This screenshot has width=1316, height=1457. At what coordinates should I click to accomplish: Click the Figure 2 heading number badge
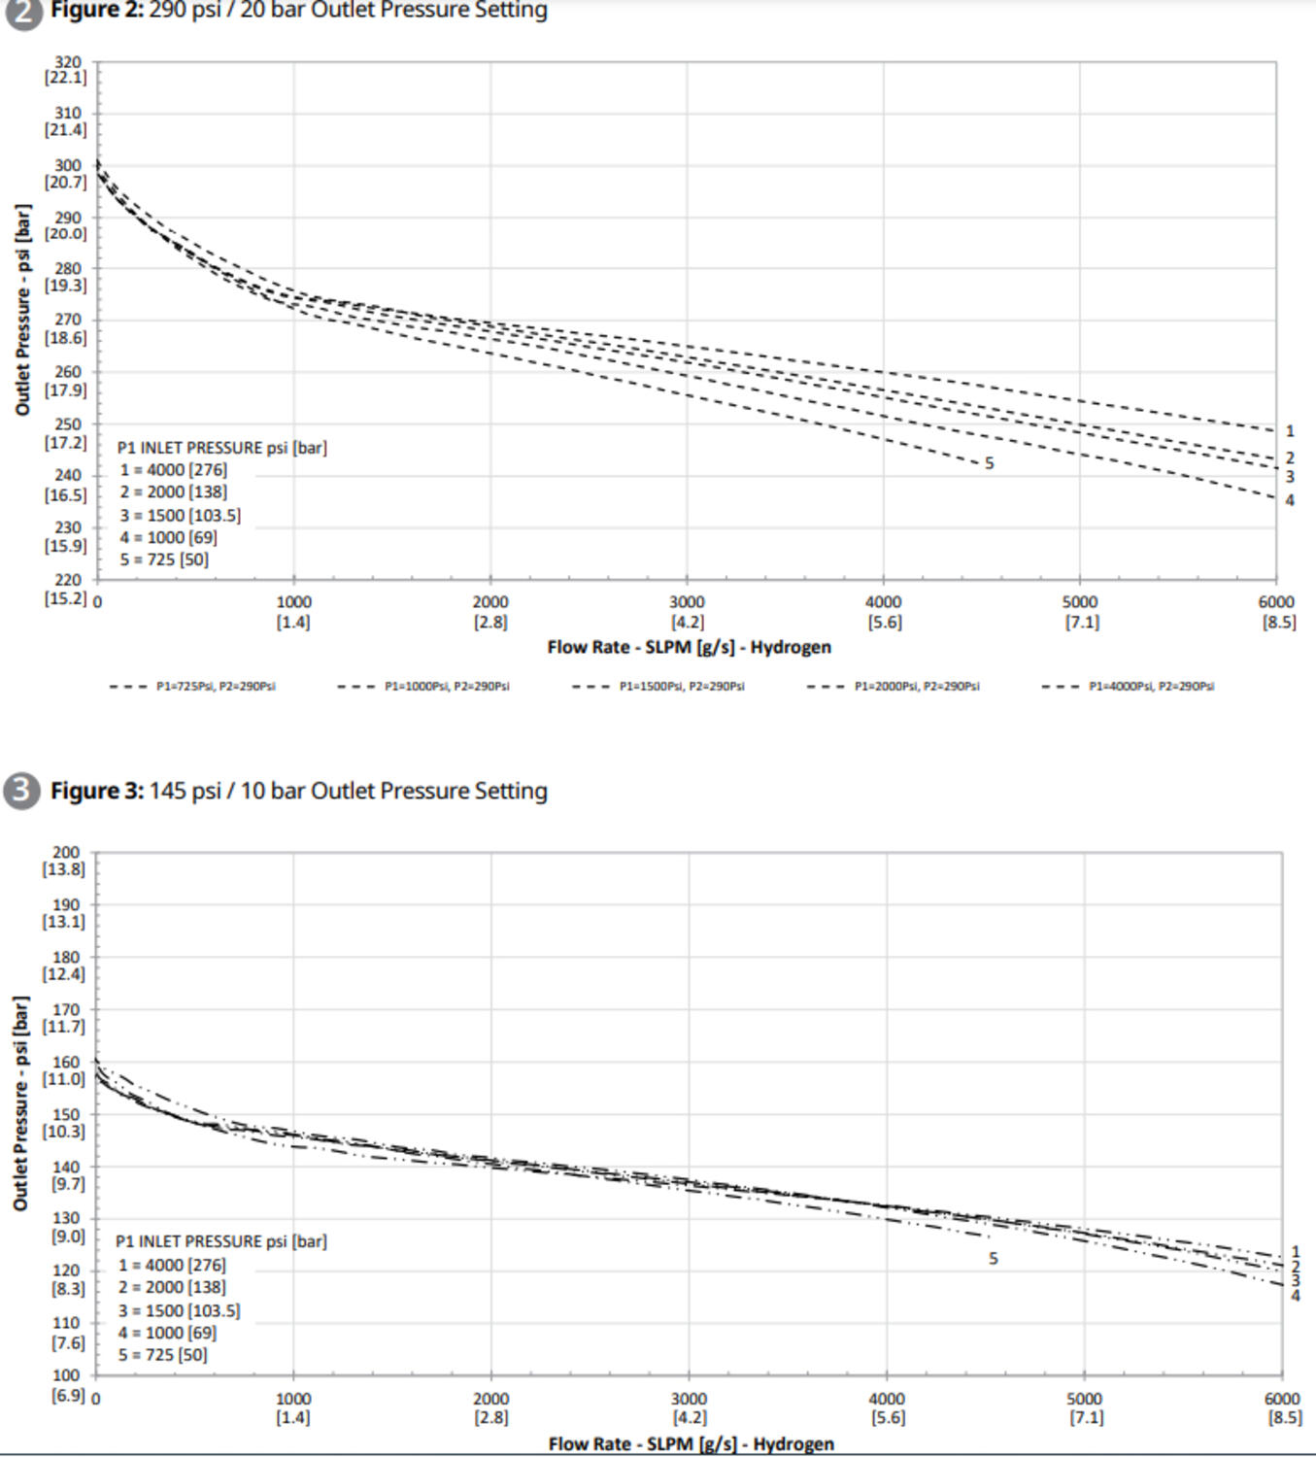pos(22,12)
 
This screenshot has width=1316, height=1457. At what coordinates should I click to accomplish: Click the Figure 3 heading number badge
pos(21,791)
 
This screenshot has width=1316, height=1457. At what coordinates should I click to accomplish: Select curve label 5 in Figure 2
pos(989,463)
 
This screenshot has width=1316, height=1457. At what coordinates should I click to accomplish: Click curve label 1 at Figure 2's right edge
pos(1290,431)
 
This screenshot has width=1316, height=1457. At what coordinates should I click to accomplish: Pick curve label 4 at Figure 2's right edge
pos(1290,501)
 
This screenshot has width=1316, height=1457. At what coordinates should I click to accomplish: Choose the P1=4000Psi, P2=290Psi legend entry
pos(1128,686)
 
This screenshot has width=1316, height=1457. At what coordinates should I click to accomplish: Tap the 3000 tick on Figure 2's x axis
pos(687,611)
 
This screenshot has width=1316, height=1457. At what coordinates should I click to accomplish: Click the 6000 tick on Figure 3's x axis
pos(1282,1407)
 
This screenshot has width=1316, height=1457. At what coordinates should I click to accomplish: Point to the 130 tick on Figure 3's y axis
pos(66,1227)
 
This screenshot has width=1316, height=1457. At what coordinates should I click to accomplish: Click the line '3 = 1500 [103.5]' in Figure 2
pos(181,515)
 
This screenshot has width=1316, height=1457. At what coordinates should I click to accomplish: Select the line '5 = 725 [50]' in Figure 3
pos(163,1354)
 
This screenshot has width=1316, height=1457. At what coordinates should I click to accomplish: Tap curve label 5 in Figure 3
pos(993,1258)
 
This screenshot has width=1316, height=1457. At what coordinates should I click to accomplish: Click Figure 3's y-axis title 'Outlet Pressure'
pos(21,1102)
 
